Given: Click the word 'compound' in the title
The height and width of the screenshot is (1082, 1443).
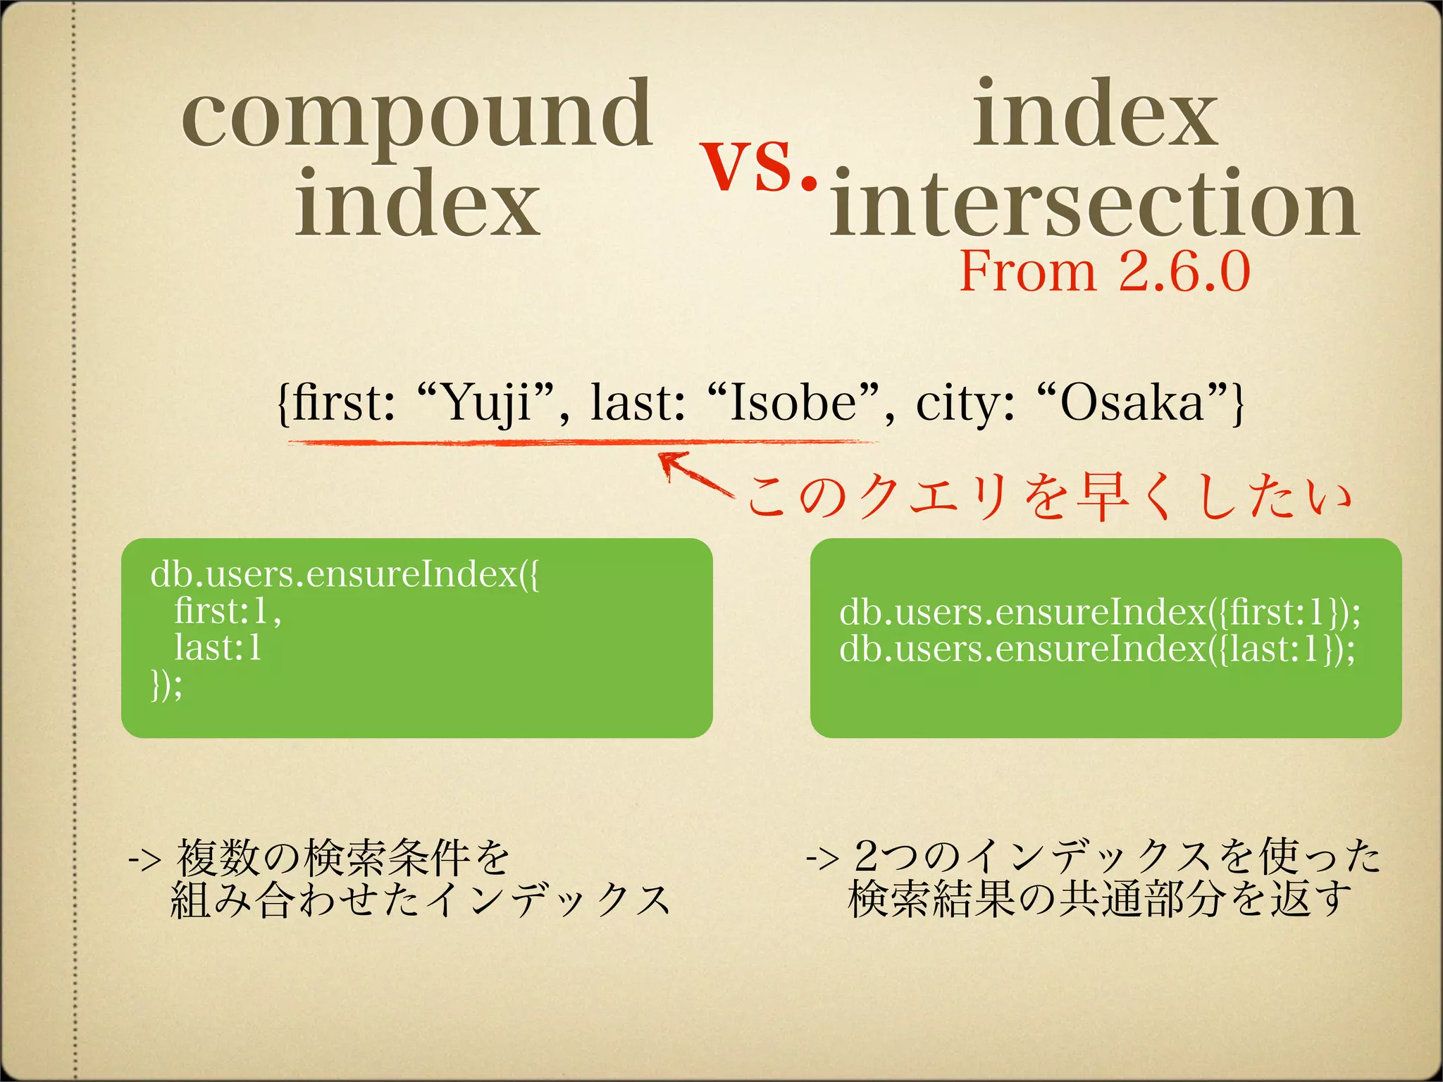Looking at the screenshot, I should tap(417, 116).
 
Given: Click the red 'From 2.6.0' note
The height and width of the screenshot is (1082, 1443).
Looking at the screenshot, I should tap(1104, 272).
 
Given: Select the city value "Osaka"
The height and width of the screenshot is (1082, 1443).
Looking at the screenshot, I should tap(1132, 404).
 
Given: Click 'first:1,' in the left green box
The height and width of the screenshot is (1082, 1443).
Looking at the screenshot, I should tap(228, 611).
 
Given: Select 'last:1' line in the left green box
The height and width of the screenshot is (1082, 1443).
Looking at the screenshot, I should tap(218, 647).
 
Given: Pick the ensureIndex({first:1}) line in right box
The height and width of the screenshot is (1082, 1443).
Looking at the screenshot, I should tap(1099, 612).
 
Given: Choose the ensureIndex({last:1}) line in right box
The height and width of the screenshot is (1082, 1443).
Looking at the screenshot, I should tap(1096, 649).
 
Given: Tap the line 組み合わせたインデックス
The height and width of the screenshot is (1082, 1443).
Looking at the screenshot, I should tap(420, 900).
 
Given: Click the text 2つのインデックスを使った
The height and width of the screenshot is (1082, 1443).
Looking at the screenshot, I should tap(1117, 857).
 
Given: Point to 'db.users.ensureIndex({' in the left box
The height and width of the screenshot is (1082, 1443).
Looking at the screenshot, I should tap(345, 575).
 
